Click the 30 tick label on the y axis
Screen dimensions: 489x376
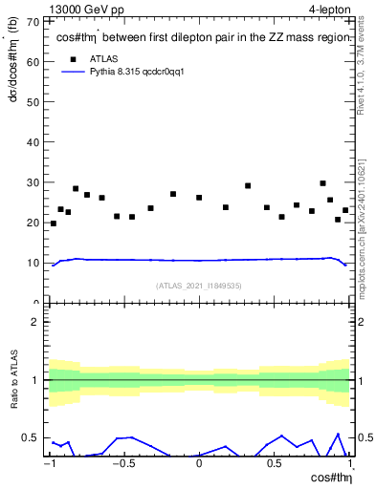tap(33, 182)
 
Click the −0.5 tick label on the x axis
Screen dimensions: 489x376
tap(122, 464)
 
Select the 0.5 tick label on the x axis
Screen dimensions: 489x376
tap(274, 464)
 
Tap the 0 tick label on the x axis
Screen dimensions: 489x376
tap(199, 464)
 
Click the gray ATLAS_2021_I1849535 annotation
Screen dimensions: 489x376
tap(199, 286)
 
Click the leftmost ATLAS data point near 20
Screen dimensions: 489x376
tap(53, 223)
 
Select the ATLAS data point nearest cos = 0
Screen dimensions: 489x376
tap(199, 198)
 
